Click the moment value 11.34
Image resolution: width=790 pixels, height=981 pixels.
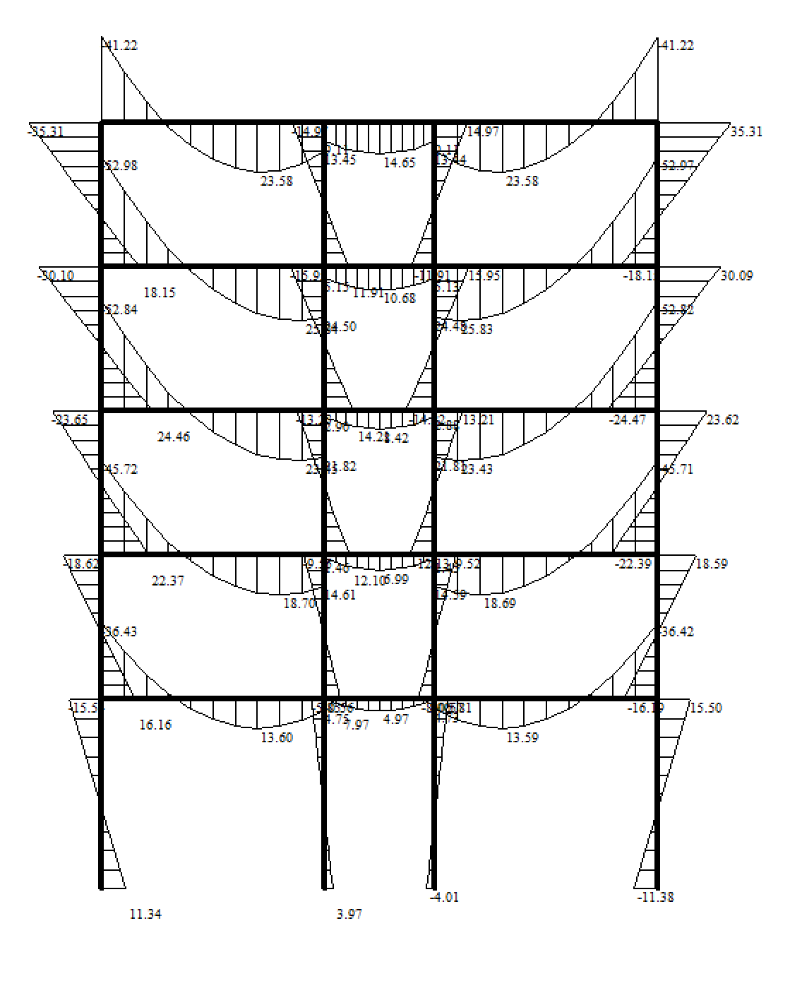(145, 914)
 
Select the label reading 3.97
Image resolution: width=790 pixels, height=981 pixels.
(349, 914)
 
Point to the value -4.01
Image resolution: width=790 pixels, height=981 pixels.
(444, 897)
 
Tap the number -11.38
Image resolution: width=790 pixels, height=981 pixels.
(655, 897)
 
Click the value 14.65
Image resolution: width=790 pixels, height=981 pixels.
(399, 162)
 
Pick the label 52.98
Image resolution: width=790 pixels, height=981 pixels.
(121, 165)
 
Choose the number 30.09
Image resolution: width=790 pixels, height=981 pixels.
(736, 275)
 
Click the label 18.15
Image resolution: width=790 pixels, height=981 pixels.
(159, 292)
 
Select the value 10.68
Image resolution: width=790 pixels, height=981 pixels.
(400, 298)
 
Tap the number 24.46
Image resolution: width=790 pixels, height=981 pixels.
(173, 436)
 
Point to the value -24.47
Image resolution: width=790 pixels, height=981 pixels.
(628, 420)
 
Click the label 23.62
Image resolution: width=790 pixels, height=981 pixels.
(722, 420)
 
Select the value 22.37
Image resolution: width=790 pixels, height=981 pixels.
(167, 581)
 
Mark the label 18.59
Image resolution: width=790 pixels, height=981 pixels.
(711, 564)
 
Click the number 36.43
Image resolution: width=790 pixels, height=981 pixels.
(121, 631)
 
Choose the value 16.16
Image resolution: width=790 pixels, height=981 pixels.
(155, 725)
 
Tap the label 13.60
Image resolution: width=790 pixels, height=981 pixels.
(276, 737)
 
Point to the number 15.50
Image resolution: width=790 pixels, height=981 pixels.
(705, 708)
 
